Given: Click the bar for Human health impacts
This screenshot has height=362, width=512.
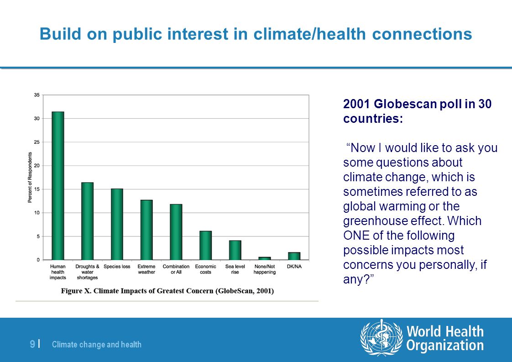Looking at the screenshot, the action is [58, 186].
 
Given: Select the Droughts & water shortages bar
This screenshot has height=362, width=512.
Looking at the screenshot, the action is [87, 221].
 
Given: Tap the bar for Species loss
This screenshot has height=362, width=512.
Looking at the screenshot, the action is [117, 224].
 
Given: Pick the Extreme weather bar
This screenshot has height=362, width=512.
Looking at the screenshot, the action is [146, 230].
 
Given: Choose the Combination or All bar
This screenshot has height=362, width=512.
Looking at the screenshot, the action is [176, 232].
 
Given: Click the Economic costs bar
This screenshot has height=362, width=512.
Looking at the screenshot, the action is [205, 245].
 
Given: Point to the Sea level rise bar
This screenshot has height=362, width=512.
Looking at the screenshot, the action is [235, 250].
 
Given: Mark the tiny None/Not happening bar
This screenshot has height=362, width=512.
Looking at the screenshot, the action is [265, 258].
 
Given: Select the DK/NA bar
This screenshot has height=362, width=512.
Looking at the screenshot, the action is [294, 256].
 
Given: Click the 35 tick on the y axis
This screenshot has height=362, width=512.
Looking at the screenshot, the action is [37, 95].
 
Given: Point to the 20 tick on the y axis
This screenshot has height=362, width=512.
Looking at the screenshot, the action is [37, 166].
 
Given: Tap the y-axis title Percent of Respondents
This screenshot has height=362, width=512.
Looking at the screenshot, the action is [30, 178].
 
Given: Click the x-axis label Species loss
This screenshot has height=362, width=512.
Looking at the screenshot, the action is [117, 267].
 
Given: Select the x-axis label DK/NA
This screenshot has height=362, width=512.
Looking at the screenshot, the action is [294, 267].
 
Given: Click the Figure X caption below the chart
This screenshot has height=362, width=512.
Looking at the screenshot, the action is [167, 291].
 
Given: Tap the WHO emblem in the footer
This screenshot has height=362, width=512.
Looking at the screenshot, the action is [381, 338].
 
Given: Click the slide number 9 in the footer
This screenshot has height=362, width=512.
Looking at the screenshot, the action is [32, 344].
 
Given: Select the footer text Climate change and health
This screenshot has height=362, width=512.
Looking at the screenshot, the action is [97, 344].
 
